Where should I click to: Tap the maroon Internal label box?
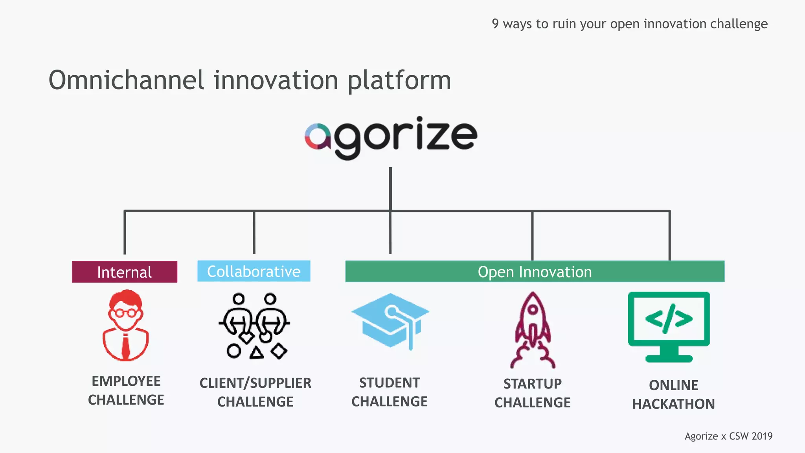[x=124, y=272]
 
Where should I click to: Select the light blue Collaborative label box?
[x=254, y=271]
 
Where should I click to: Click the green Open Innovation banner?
[x=535, y=271]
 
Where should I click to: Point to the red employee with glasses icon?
[x=125, y=325]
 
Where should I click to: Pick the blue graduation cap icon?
[x=390, y=320]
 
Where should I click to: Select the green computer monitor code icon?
[x=669, y=326]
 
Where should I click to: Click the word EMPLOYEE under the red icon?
[x=126, y=381]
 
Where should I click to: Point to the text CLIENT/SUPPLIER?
[x=255, y=383]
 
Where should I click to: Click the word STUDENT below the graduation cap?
[x=390, y=383]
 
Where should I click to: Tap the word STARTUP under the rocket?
[x=533, y=384]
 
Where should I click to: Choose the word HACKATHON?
[x=673, y=404]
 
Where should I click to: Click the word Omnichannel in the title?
[x=126, y=80]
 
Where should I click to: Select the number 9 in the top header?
[x=495, y=24]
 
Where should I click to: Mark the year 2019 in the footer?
[x=762, y=436]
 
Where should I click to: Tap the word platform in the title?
[x=399, y=81]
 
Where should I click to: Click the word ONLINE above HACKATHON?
[x=673, y=385]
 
